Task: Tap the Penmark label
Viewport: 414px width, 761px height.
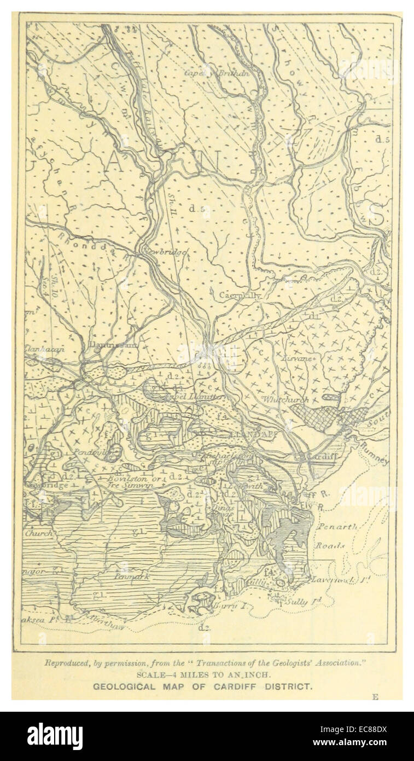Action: coord(131,576)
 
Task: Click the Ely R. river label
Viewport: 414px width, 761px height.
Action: coord(318,507)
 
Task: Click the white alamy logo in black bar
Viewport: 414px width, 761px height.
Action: coord(55,736)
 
